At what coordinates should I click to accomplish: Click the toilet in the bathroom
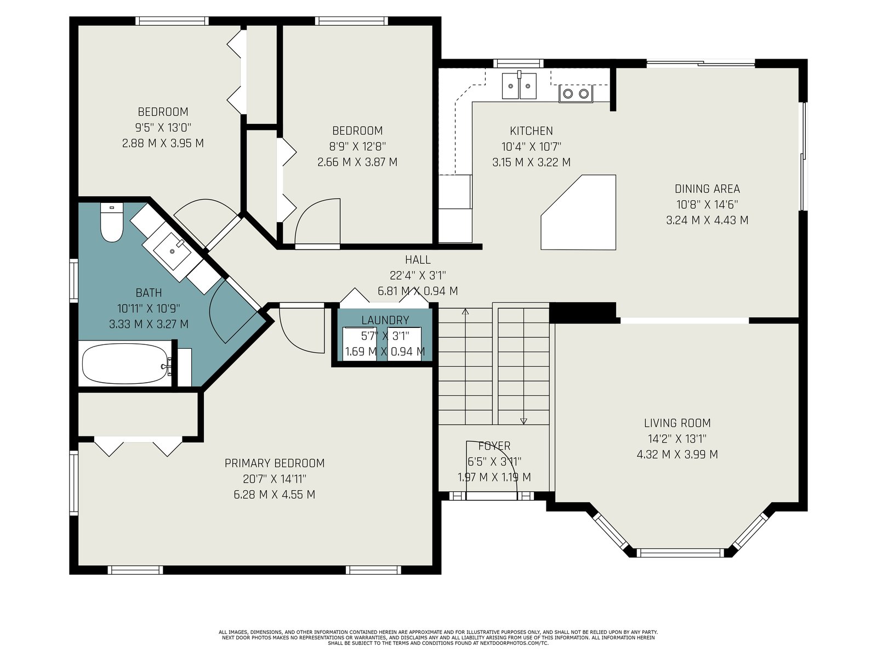click(111, 223)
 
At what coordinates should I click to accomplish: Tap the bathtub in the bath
click(125, 364)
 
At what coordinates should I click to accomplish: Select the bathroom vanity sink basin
click(172, 251)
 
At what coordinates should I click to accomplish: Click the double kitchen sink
click(519, 86)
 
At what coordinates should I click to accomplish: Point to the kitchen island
click(578, 213)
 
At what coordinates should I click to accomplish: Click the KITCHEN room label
click(531, 131)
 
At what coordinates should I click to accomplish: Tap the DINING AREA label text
click(707, 189)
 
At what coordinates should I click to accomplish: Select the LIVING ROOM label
click(677, 423)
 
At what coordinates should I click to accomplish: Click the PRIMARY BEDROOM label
click(275, 463)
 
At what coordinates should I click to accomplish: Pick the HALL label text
click(418, 260)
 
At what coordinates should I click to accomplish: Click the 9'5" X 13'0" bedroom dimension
click(163, 128)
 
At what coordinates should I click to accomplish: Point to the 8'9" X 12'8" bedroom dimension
click(357, 146)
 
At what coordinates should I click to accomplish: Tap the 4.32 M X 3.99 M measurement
click(677, 455)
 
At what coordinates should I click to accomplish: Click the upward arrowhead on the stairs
click(465, 311)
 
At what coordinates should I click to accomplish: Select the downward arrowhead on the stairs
click(523, 421)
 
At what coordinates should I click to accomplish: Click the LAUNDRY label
click(385, 320)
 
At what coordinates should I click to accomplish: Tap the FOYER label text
click(494, 446)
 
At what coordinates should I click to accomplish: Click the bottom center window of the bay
click(680, 553)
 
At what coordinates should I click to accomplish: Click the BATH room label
click(149, 293)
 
